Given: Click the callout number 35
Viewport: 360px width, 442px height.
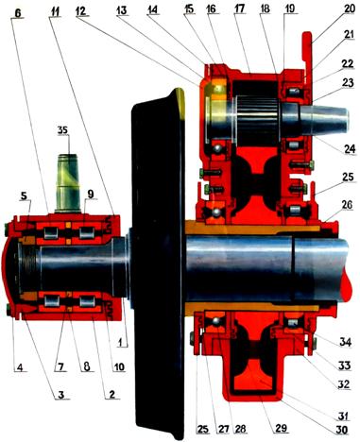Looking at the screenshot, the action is click(x=62, y=130).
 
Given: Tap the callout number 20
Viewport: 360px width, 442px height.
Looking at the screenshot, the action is click(x=349, y=8).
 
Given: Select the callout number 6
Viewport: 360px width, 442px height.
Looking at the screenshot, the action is click(x=18, y=13).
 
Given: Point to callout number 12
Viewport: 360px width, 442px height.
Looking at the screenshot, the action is click(x=81, y=10).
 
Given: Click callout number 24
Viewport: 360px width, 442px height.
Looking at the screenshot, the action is click(x=350, y=149).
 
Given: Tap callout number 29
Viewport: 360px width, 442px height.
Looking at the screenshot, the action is click(x=282, y=428).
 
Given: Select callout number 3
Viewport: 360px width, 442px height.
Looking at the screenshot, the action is click(x=61, y=394).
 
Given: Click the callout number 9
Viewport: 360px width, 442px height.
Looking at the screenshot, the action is click(x=91, y=195).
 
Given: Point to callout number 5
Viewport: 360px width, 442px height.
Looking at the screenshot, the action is click(x=25, y=195).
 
